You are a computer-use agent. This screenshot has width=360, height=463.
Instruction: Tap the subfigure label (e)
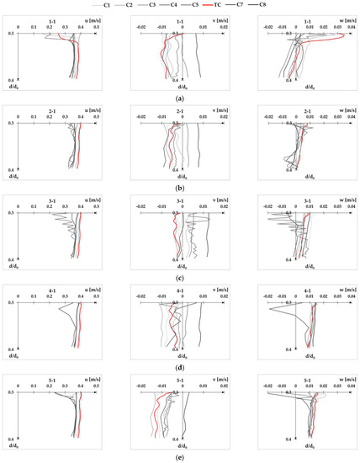[x=180, y=455]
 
